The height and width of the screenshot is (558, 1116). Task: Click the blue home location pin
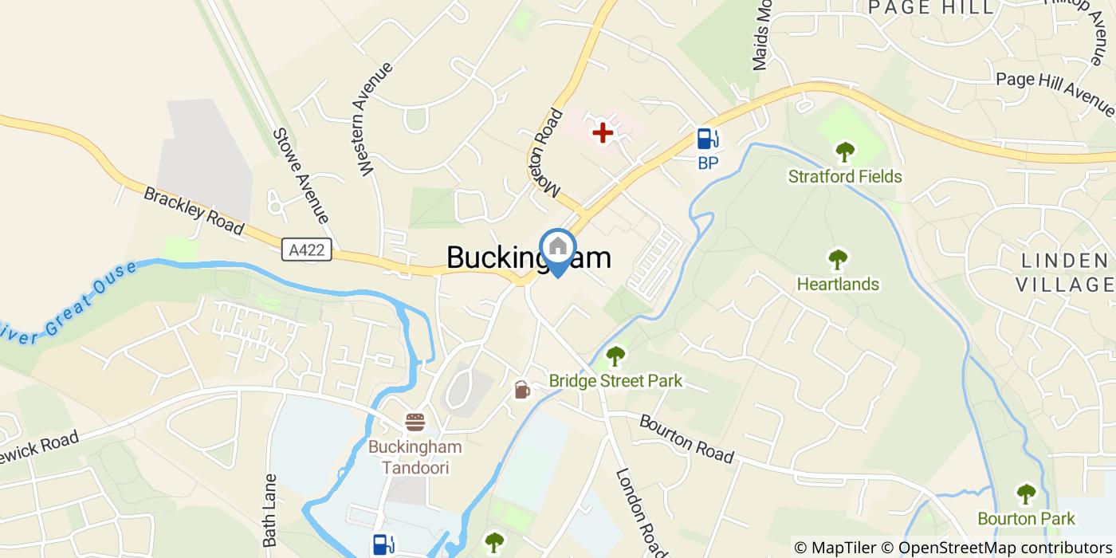pos(558,248)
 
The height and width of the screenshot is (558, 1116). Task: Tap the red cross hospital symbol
pos(603,132)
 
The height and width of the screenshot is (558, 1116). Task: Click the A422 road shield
pos(307,250)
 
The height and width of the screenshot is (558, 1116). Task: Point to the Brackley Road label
pos(193,210)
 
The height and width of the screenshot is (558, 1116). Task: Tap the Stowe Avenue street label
pos(300,175)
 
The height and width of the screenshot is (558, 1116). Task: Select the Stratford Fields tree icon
pos(845,151)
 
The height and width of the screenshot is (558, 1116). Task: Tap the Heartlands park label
pos(838,284)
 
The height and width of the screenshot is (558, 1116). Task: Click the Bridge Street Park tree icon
pos(615,356)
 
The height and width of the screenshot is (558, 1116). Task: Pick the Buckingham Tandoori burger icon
pos(415,422)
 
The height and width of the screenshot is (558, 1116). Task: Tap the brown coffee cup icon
pos(521,390)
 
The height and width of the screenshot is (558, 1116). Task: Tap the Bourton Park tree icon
pos(1026,493)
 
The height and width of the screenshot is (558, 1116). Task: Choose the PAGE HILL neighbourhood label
pos(931,8)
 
